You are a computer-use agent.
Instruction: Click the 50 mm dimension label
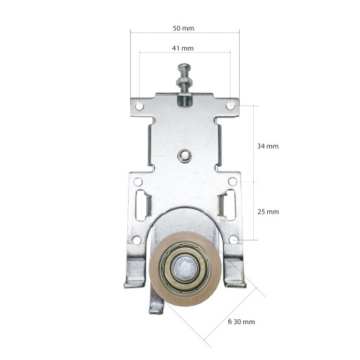click(x=184, y=28)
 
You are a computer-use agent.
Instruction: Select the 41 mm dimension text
click(x=183, y=49)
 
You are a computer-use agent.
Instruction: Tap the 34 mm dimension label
click(x=268, y=146)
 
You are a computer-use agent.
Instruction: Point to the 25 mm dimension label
click(x=268, y=212)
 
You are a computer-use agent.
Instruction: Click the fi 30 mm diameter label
click(x=241, y=322)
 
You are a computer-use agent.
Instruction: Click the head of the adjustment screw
click(x=184, y=67)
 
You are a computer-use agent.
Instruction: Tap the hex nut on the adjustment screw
click(x=184, y=82)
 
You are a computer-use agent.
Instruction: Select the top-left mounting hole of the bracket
click(x=139, y=106)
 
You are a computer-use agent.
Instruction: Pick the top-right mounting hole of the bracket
click(x=231, y=105)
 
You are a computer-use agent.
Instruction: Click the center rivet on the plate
click(x=185, y=155)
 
